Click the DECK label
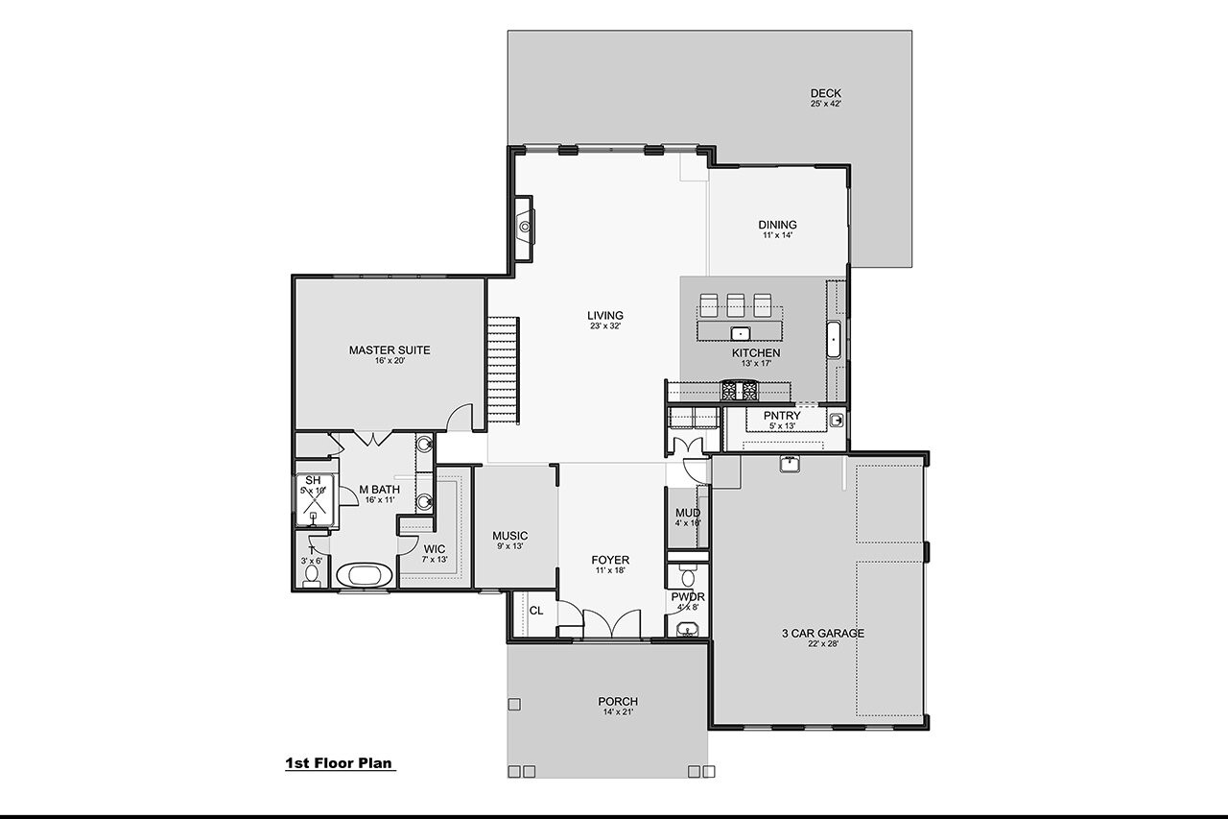[825, 93]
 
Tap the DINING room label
[777, 226]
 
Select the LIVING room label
[605, 316]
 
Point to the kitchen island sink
[740, 333]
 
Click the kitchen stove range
[739, 390]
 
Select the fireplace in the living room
[523, 228]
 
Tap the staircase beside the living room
[502, 370]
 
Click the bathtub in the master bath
[365, 575]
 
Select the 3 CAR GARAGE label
[822, 634]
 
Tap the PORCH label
[617, 702]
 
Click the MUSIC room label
[509, 536]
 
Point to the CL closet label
[535, 610]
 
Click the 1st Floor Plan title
[340, 763]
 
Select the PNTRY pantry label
[782, 416]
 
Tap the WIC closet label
[434, 549]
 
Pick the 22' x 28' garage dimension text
[822, 645]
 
